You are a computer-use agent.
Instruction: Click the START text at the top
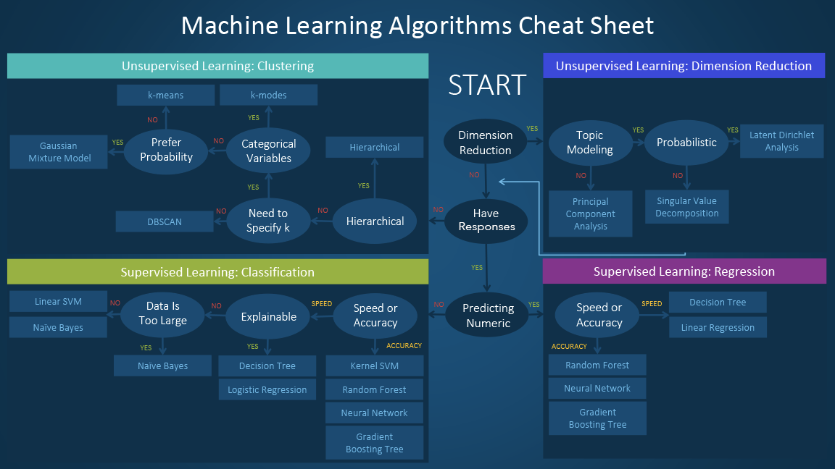click(486, 85)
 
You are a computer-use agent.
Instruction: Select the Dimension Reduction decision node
click(486, 143)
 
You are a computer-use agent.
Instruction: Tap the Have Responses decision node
click(486, 220)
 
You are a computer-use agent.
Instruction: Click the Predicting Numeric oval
click(489, 316)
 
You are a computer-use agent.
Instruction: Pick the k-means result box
click(166, 95)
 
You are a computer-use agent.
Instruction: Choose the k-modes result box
click(268, 95)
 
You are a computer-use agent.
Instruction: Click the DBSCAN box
click(165, 221)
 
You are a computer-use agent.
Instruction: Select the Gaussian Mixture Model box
click(59, 152)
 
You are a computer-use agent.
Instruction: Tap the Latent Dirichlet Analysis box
click(781, 141)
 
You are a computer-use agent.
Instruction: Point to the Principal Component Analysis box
click(590, 214)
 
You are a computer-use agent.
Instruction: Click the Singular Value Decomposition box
click(686, 207)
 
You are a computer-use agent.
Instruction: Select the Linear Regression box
click(718, 327)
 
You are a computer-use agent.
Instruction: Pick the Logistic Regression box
click(267, 389)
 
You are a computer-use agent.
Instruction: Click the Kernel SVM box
click(374, 366)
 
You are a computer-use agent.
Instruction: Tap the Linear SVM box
click(58, 302)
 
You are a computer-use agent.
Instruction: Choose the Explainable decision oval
click(269, 316)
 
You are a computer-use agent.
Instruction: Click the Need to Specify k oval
click(267, 221)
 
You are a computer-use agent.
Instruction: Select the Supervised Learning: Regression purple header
click(684, 271)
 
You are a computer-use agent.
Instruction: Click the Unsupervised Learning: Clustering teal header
click(217, 66)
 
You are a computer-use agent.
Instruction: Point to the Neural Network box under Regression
click(597, 388)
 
